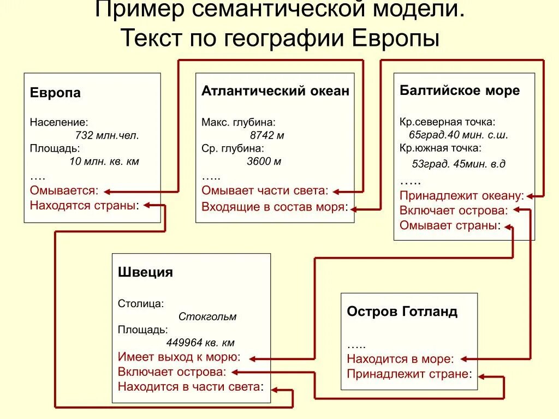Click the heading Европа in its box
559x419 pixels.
[55, 93]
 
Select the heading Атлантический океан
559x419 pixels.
[275, 91]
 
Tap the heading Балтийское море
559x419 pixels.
[460, 91]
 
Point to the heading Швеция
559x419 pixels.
[145, 272]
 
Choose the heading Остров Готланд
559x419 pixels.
[402, 312]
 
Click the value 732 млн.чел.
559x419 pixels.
[107, 135]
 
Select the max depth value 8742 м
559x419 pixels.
[267, 135]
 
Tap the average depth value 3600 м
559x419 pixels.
[264, 161]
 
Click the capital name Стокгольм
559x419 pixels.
[207, 316]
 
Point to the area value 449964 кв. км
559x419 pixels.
[200, 343]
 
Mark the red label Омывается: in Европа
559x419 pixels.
[64, 191]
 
